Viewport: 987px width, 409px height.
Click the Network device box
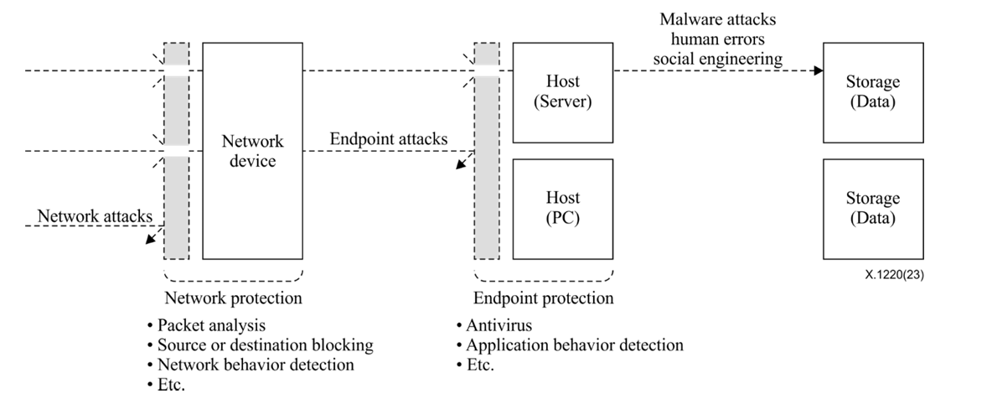pyautogui.click(x=252, y=151)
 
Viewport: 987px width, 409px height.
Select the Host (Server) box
pyautogui.click(x=562, y=92)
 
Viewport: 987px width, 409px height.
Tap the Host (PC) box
pyautogui.click(x=562, y=208)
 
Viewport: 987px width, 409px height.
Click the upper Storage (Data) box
pyautogui.click(x=872, y=92)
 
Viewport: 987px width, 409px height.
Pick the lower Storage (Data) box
pyautogui.click(x=872, y=208)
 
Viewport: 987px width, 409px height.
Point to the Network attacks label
pyautogui.click(x=96, y=216)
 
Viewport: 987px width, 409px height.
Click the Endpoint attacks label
pyautogui.click(x=389, y=139)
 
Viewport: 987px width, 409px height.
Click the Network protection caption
pyautogui.click(x=233, y=298)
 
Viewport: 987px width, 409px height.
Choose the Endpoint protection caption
pyautogui.click(x=543, y=298)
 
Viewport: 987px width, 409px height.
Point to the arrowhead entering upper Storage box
pyautogui.click(x=817, y=71)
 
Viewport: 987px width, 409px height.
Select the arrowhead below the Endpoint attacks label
pyautogui.click(x=460, y=164)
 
